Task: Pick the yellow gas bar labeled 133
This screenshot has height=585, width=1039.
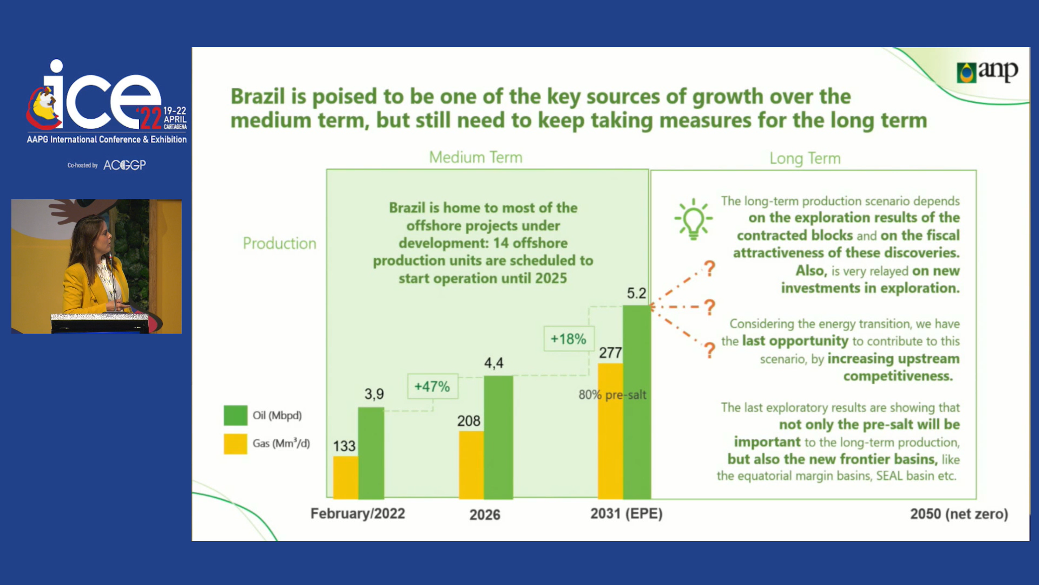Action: click(x=345, y=477)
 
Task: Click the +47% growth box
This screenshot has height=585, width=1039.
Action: click(x=432, y=386)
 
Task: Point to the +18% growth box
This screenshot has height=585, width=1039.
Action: click(x=569, y=339)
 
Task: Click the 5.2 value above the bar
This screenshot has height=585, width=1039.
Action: click(x=636, y=294)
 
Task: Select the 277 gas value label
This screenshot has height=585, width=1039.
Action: click(x=610, y=353)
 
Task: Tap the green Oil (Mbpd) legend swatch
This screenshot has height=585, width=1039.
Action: click(x=235, y=415)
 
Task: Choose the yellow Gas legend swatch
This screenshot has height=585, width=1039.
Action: click(x=235, y=444)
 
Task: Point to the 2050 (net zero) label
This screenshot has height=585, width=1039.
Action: click(x=959, y=513)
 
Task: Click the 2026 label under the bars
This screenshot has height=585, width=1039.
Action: click(x=485, y=515)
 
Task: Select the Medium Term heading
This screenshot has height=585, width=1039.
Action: click(x=476, y=158)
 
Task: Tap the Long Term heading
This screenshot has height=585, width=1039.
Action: click(x=805, y=159)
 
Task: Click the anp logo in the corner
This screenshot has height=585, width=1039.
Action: click(x=987, y=71)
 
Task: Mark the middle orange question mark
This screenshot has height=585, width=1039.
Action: click(x=709, y=307)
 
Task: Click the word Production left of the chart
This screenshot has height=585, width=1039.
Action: click(x=279, y=244)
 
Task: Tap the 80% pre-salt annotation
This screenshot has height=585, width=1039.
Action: click(x=612, y=395)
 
